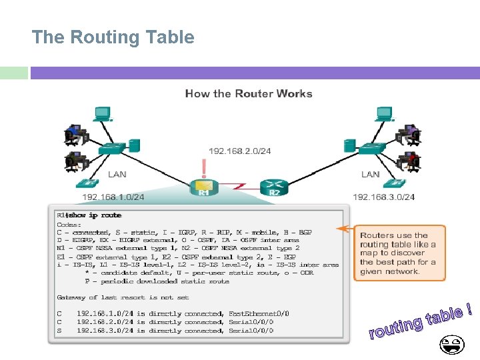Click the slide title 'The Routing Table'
pos(113,37)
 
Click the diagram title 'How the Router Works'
pos(249,93)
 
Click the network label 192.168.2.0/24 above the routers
pos(240,151)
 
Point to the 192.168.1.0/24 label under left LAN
pos(113,197)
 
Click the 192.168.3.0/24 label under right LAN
pos(383,197)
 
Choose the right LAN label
pos(370,175)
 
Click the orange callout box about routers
pos(399,253)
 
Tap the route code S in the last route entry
pos(59,330)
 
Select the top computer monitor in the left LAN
pos(102,114)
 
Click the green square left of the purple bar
pos(14,73)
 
